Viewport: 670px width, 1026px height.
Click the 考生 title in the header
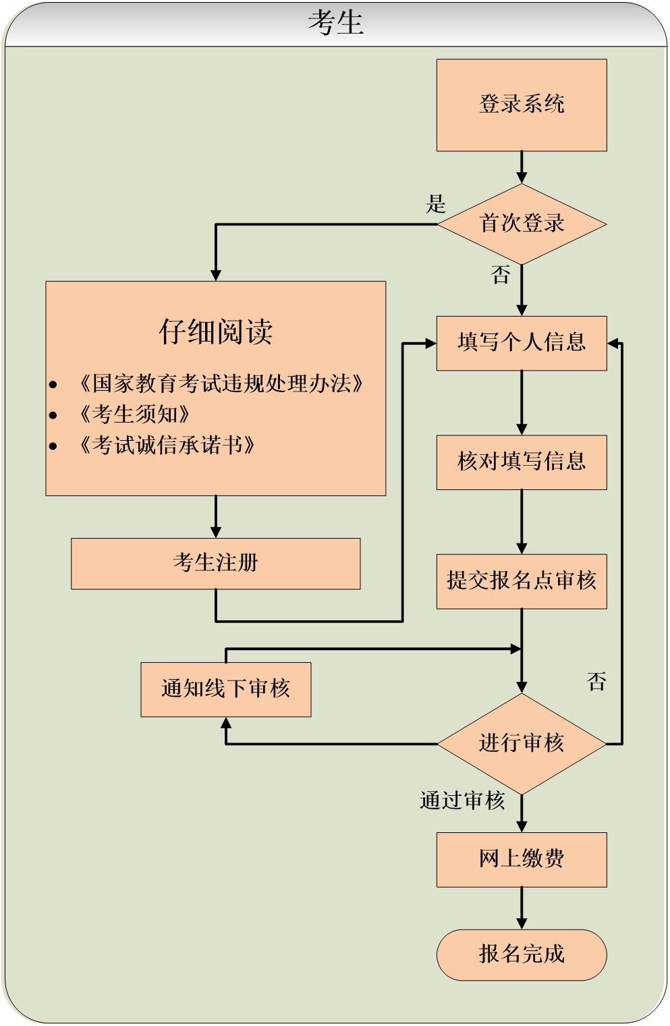tap(335, 22)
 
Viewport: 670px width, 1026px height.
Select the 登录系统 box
tap(522, 105)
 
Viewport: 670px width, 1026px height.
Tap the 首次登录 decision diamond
tap(522, 223)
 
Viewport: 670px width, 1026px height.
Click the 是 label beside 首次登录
tap(436, 204)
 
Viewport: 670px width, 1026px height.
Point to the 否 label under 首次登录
tap(501, 275)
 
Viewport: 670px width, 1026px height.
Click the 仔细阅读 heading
tap(216, 331)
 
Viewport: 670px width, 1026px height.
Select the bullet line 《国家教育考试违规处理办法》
tap(221, 383)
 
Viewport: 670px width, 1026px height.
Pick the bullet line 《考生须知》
tap(134, 414)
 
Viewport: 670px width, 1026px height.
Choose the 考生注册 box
tap(216, 563)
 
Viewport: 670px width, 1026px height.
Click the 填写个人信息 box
tap(522, 343)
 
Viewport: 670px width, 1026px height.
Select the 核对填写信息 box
tap(522, 462)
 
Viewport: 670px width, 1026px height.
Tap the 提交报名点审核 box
tap(522, 581)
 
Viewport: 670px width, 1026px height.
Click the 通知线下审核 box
tap(226, 689)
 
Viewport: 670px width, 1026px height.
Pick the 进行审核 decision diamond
tap(522, 743)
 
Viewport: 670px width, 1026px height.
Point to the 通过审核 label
tap(462, 801)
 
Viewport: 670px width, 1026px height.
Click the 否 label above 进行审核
tap(596, 682)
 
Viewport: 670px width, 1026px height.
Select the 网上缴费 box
tap(522, 859)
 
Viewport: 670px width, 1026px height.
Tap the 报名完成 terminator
tap(522, 954)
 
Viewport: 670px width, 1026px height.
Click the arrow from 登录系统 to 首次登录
tap(522, 167)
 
